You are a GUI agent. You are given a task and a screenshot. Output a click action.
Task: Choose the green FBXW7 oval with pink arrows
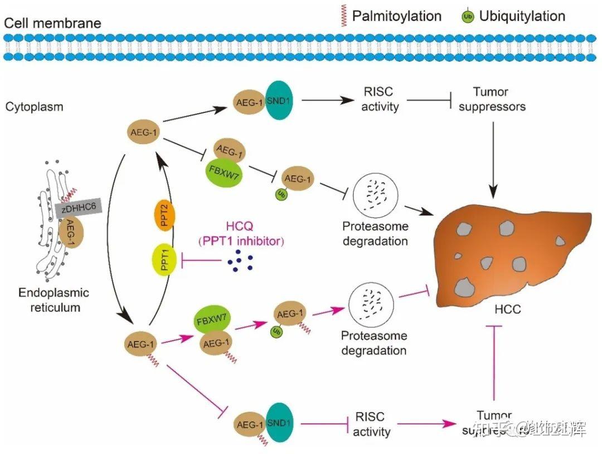click(x=211, y=322)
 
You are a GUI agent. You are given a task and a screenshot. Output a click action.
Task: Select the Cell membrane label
click(x=53, y=23)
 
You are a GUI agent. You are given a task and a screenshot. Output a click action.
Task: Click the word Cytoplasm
click(x=35, y=107)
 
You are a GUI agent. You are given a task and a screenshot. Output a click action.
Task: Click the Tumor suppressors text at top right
click(x=491, y=99)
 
